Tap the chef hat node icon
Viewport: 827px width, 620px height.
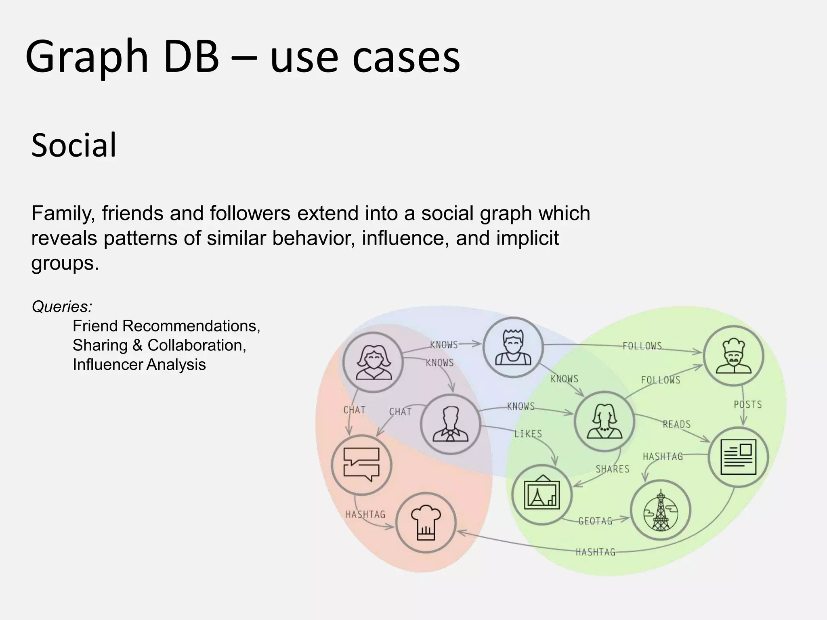point(426,523)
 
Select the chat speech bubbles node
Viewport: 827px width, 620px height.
point(361,465)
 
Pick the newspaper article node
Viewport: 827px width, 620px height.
point(738,457)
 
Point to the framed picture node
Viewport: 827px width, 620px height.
point(542,494)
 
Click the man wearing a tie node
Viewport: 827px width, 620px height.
point(450,424)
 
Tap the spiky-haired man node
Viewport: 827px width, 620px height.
point(513,347)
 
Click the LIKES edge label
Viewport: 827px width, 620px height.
point(528,434)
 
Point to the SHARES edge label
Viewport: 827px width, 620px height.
point(612,469)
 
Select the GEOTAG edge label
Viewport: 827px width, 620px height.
point(595,521)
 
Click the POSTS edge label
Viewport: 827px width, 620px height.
point(747,404)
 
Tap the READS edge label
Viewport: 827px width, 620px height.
point(676,424)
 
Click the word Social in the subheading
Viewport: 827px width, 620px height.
point(74,145)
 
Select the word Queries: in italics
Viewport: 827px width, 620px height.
point(62,307)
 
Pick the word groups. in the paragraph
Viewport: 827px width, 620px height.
point(65,263)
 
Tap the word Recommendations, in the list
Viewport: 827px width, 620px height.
point(191,326)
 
